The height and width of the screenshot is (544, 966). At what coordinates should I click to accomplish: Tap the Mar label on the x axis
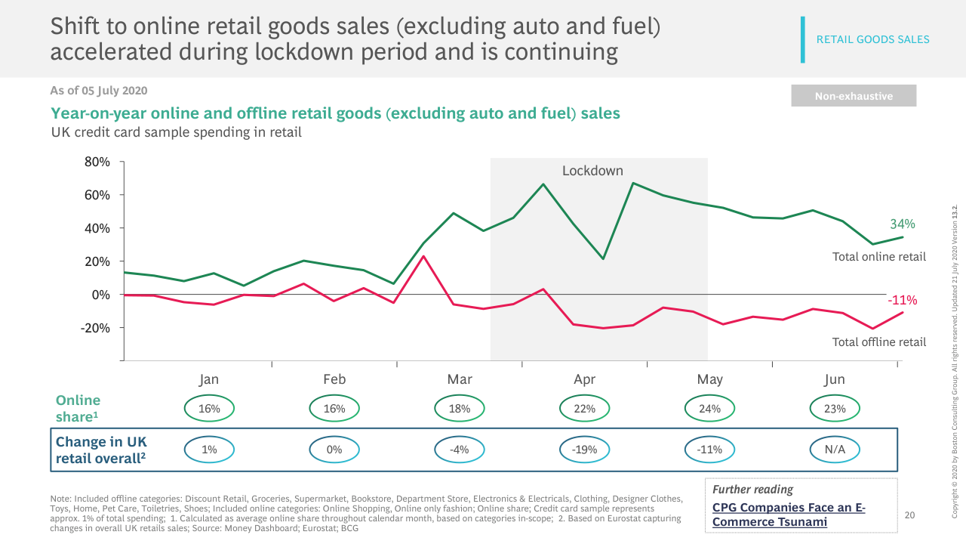coord(460,379)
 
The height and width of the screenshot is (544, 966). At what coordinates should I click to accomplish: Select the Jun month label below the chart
coord(834,379)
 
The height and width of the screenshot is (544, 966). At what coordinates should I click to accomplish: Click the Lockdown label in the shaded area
coord(592,171)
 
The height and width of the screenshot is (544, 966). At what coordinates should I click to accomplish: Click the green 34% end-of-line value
coord(902,224)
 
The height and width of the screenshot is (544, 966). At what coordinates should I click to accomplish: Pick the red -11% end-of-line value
coord(902,300)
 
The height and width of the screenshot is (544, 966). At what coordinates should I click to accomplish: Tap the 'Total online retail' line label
coord(878,257)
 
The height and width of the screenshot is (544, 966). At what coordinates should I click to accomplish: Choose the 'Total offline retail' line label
coord(878,342)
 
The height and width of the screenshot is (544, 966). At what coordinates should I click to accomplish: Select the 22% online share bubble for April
coord(585,409)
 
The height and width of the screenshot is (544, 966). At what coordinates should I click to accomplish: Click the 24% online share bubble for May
coord(710,409)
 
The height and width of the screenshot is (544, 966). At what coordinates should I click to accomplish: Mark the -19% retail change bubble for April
coord(585,450)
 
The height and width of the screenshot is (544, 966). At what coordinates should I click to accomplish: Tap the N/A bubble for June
coord(835,450)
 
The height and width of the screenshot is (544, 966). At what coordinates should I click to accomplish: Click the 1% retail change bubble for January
coord(209,450)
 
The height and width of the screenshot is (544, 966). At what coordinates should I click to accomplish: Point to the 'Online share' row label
coord(78,408)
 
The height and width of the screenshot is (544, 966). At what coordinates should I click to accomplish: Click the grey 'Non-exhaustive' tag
coord(854,96)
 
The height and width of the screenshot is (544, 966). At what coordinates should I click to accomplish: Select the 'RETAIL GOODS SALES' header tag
coord(872,39)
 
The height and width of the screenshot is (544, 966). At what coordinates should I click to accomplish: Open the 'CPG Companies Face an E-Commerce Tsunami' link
coord(789,515)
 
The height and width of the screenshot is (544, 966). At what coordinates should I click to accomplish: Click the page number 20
coord(909,515)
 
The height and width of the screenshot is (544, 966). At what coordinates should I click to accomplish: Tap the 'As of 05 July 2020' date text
coord(99,91)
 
